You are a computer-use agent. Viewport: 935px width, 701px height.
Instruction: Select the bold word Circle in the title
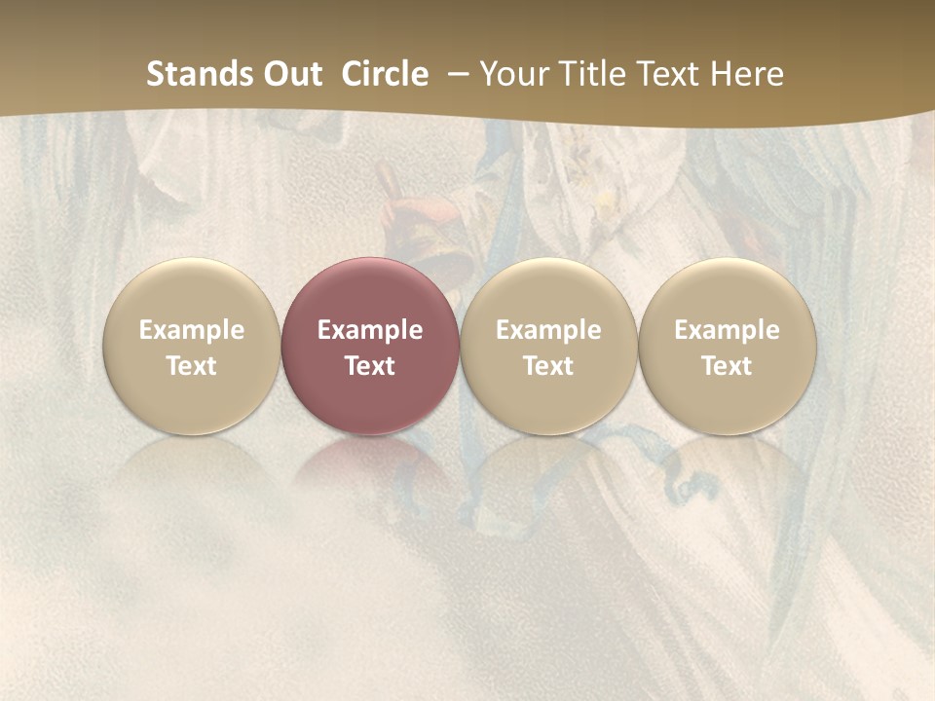pyautogui.click(x=385, y=74)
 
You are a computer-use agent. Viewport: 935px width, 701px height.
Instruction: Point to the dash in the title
pyautogui.click(x=456, y=72)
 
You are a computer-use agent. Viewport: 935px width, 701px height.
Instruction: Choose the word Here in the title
pyautogui.click(x=746, y=74)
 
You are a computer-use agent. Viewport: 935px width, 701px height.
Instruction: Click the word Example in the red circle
pyautogui.click(x=370, y=330)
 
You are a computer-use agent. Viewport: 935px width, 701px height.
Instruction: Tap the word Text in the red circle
pyautogui.click(x=370, y=366)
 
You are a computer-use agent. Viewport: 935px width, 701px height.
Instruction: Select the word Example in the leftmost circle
pyautogui.click(x=192, y=330)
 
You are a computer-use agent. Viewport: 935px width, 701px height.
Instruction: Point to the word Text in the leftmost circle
pyautogui.click(x=192, y=366)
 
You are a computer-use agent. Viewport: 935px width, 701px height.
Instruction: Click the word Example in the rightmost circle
pyautogui.click(x=727, y=330)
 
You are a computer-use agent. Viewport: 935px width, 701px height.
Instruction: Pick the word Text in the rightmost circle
pyautogui.click(x=727, y=366)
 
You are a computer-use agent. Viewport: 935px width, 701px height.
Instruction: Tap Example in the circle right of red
pyautogui.click(x=548, y=330)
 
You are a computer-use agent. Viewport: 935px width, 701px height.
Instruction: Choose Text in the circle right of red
pyautogui.click(x=548, y=366)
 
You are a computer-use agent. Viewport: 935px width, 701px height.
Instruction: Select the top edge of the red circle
pyautogui.click(x=370, y=259)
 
